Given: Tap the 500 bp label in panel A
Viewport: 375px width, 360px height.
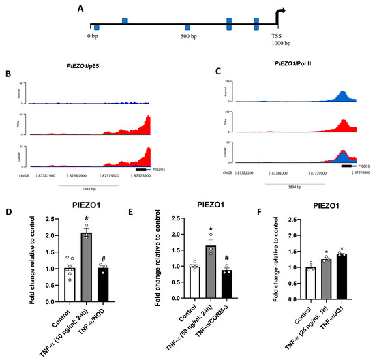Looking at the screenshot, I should pos(190,35).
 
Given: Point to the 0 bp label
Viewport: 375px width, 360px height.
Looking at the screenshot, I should pos(94,35).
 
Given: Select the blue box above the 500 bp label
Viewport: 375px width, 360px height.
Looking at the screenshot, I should pos(187,27).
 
